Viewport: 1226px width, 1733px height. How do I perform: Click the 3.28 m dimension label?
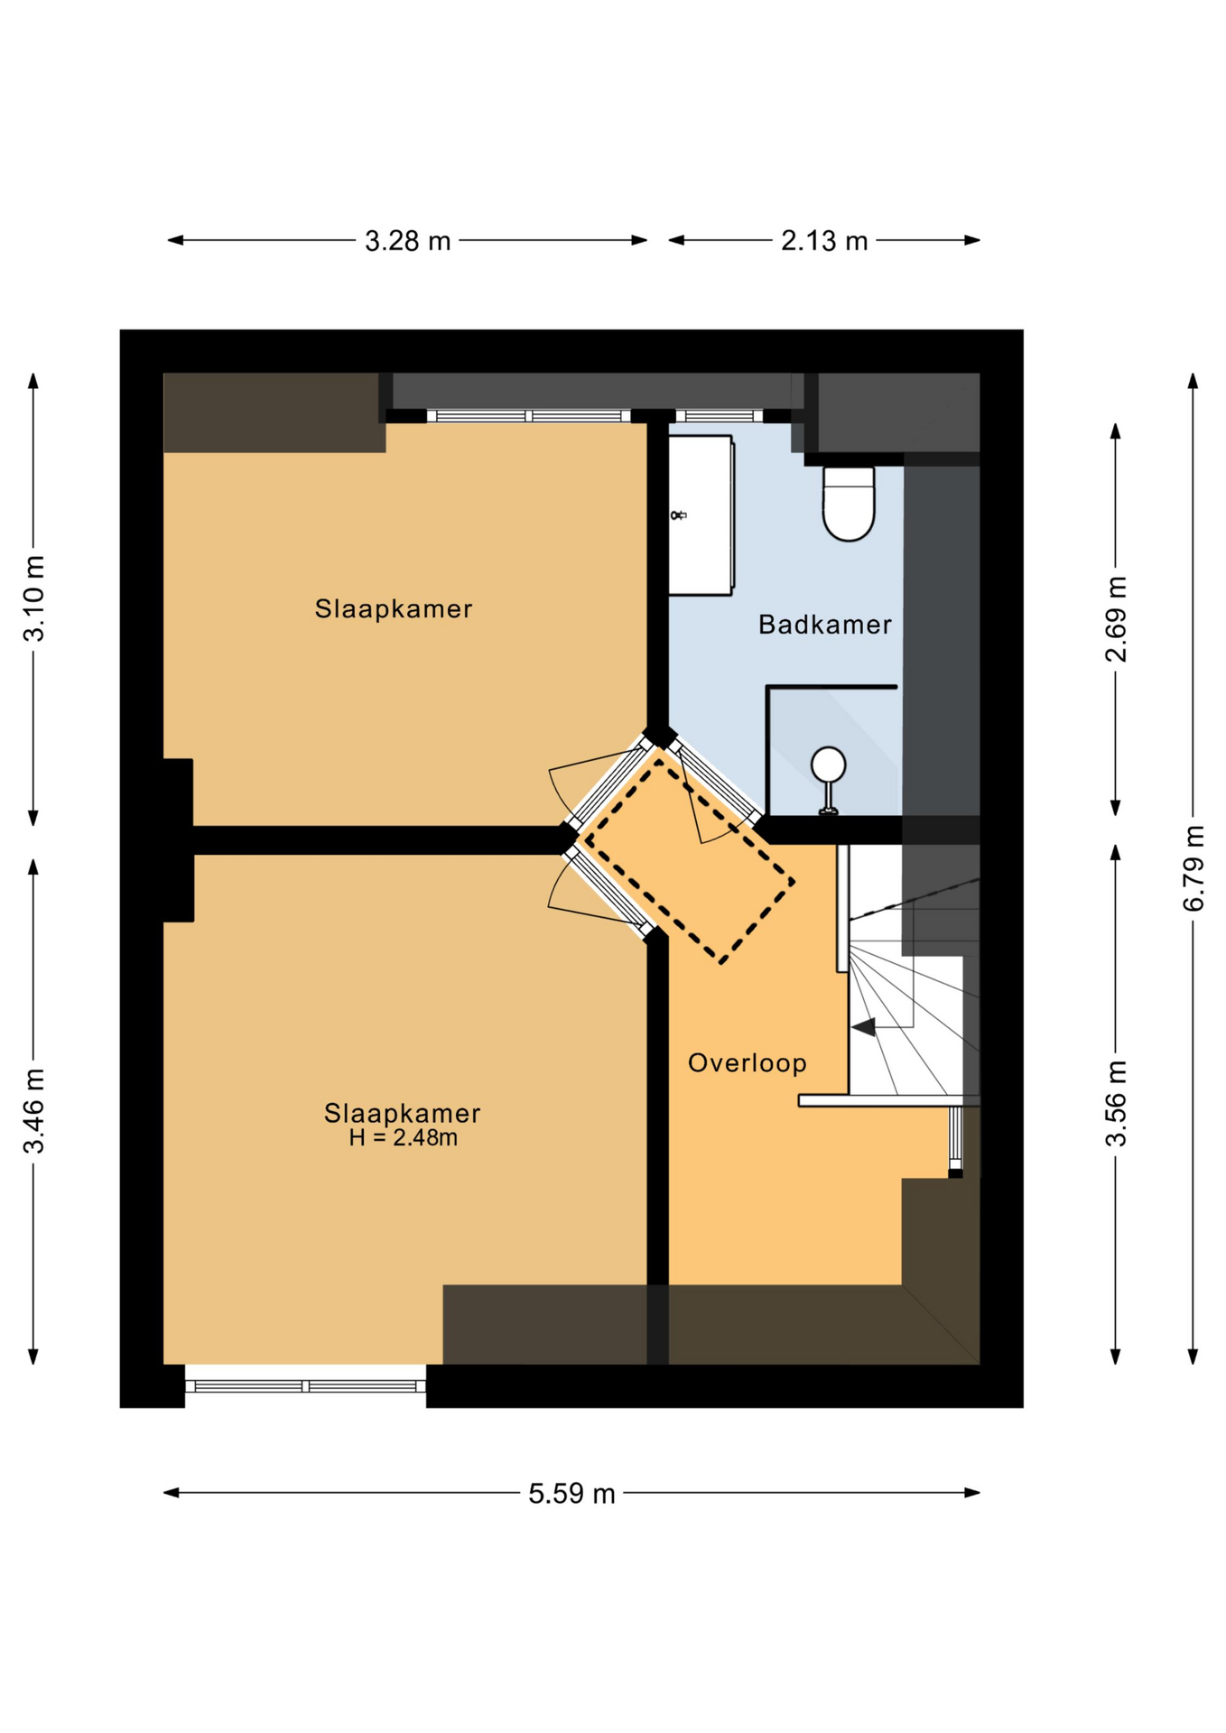(407, 241)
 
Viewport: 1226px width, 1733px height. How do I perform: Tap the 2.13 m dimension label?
(823, 241)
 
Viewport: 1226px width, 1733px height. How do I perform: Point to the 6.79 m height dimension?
(1193, 867)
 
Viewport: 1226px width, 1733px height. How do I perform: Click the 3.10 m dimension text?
(34, 598)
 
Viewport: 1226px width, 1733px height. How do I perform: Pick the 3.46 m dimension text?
(34, 1110)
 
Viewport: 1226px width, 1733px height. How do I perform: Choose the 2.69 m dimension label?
(1116, 618)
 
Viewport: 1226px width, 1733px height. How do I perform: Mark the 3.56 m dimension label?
(1116, 1103)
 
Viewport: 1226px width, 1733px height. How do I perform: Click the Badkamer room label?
(824, 625)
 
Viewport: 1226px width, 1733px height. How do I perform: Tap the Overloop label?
(747, 1063)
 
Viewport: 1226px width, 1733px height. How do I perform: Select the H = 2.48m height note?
(403, 1138)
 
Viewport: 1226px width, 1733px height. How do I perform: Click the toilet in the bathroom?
(849, 504)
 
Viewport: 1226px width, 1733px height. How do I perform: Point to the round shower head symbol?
(828, 765)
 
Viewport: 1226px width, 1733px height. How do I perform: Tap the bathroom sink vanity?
(701, 515)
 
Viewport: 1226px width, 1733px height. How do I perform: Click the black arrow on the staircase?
(863, 1027)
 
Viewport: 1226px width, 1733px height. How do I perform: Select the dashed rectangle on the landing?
(689, 860)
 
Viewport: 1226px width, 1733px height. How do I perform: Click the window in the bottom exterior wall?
(305, 1385)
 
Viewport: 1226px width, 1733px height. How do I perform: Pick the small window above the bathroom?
(720, 416)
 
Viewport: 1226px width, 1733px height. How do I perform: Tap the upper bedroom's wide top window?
(529, 416)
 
